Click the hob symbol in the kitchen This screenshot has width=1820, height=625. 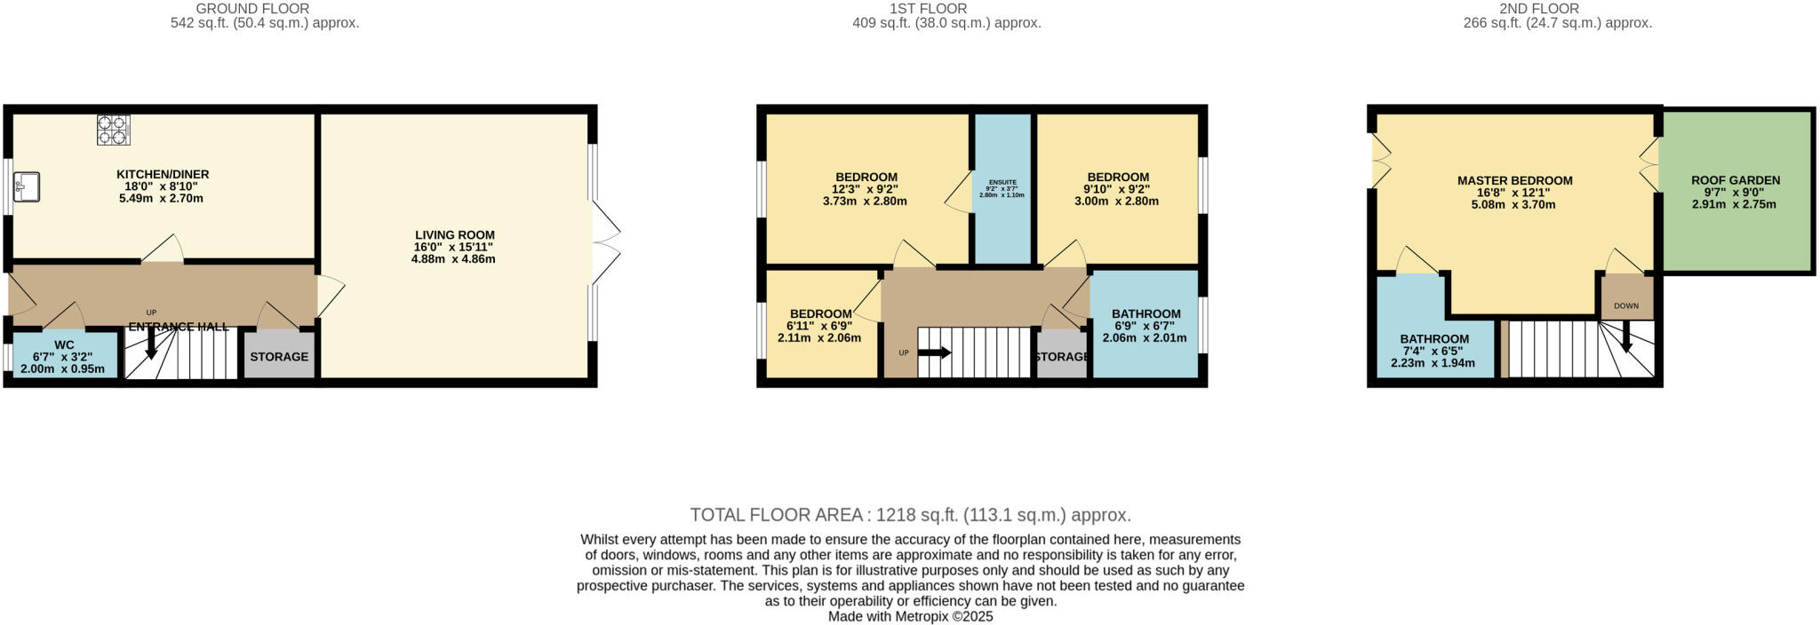(113, 131)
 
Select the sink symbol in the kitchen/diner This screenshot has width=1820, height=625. (26, 186)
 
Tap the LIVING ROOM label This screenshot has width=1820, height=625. (454, 235)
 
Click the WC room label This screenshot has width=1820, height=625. (64, 344)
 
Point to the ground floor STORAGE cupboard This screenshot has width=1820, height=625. (279, 357)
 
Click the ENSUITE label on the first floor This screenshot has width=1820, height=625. (1002, 182)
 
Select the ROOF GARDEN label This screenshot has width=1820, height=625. (1735, 180)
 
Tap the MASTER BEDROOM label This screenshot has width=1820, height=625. (1514, 180)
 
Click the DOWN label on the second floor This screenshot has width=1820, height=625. (1626, 306)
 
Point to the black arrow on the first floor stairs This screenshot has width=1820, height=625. (934, 352)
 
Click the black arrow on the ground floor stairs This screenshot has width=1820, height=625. (151, 345)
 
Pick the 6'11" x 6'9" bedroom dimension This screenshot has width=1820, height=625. (820, 326)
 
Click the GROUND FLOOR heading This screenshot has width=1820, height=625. (265, 9)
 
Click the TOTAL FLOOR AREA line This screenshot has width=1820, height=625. (910, 515)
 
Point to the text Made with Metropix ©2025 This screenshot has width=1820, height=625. (910, 616)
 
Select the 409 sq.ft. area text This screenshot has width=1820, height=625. (946, 23)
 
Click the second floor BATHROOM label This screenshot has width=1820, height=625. (1434, 339)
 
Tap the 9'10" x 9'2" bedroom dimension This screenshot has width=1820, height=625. (1117, 189)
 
